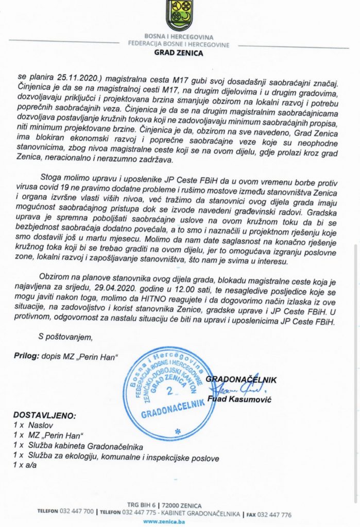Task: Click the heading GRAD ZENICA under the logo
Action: point(179,52)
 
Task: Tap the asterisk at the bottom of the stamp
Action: point(178,430)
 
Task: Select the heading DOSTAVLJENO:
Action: point(44,415)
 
